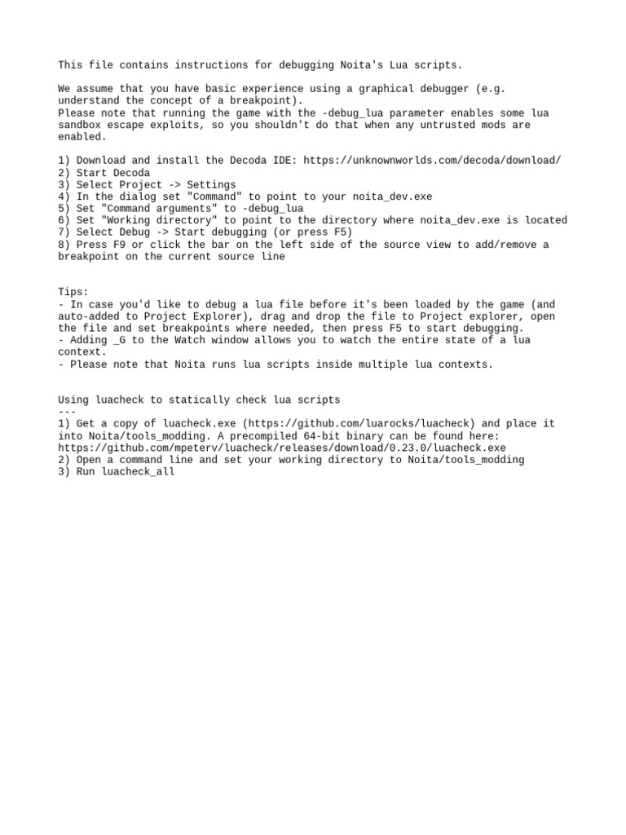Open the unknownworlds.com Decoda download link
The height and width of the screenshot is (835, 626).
[432, 161]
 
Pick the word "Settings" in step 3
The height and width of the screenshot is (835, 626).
[211, 185]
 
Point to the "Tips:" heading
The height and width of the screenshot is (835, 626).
[73, 292]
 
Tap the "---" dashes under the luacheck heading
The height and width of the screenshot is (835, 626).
[67, 412]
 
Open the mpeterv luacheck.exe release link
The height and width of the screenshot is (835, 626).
[282, 448]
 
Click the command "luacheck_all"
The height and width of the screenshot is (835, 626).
[139, 472]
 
